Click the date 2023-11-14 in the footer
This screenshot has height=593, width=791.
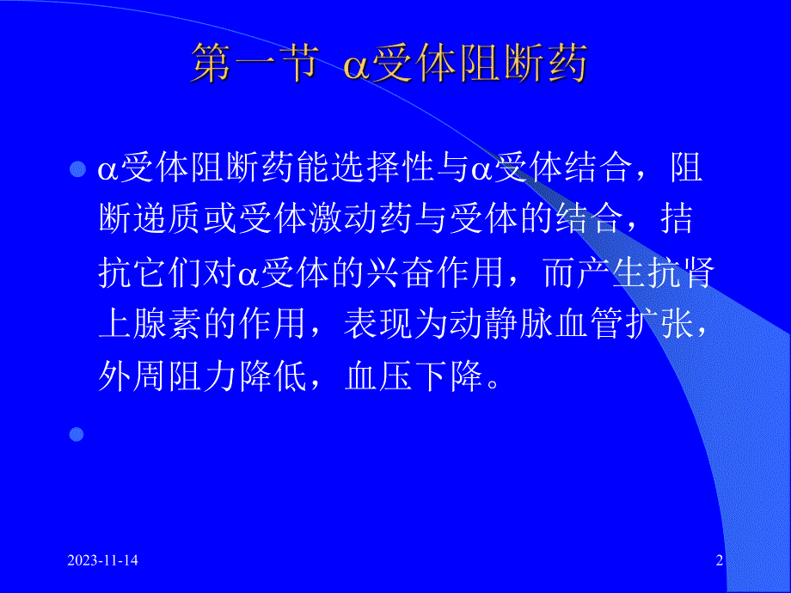coord(103,561)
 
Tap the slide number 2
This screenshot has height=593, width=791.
coord(719,561)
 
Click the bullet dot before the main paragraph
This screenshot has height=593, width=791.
coord(78,168)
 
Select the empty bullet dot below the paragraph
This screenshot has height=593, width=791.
coord(78,434)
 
